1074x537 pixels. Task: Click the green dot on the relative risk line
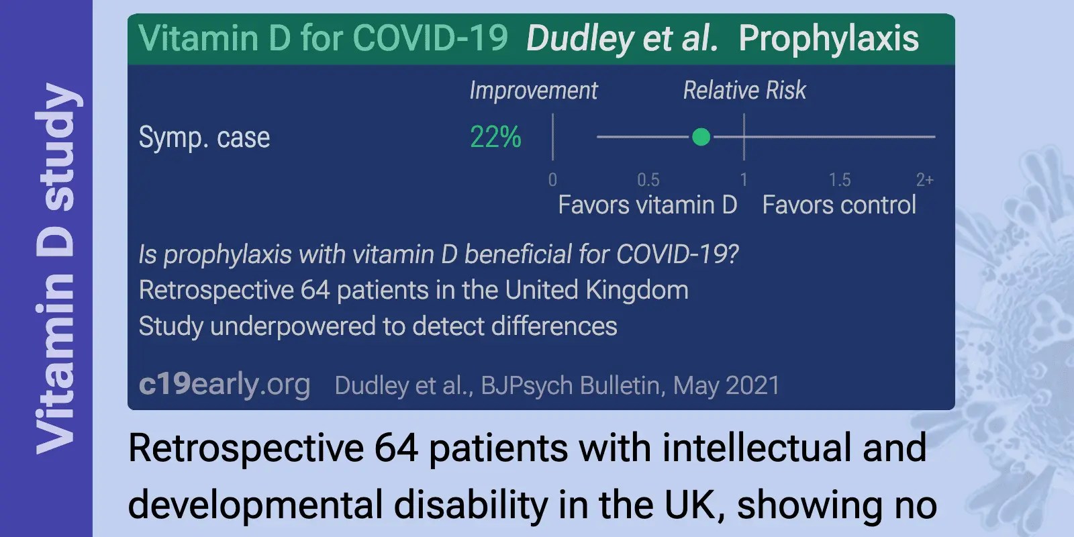tap(701, 137)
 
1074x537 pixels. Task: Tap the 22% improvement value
tap(495, 137)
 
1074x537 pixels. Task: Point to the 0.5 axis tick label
tap(648, 180)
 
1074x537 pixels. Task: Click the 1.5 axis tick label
tap(839, 180)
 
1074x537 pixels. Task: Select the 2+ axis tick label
tap(924, 180)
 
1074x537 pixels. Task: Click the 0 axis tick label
tap(552, 180)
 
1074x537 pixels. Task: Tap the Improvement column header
tap(533, 91)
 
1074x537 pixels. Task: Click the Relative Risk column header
tap(744, 91)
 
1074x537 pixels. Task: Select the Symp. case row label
tap(204, 138)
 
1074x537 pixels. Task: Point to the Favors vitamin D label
tap(647, 205)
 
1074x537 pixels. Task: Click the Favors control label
tap(839, 205)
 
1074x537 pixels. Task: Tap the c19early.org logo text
tap(224, 385)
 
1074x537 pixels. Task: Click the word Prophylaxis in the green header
tap(828, 38)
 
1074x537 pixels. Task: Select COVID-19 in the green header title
tap(430, 38)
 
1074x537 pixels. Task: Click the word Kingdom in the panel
tap(636, 291)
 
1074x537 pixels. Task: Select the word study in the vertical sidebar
tap(56, 146)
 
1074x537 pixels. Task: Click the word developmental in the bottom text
tap(256, 505)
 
